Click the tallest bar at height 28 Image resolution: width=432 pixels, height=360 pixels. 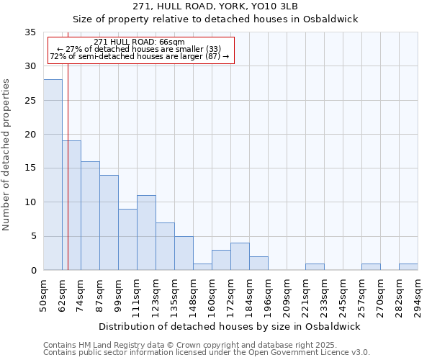(x=53, y=174)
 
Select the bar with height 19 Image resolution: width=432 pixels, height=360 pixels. (x=71, y=205)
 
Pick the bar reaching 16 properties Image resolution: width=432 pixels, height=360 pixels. (x=90, y=215)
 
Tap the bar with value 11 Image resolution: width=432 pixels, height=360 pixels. (x=146, y=233)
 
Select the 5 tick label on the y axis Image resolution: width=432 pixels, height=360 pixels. (x=32, y=237)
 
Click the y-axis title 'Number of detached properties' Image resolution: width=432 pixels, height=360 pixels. (x=6, y=154)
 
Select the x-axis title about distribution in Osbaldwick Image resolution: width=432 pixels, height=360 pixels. (x=229, y=326)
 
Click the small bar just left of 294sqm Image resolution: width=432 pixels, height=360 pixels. (x=408, y=267)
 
